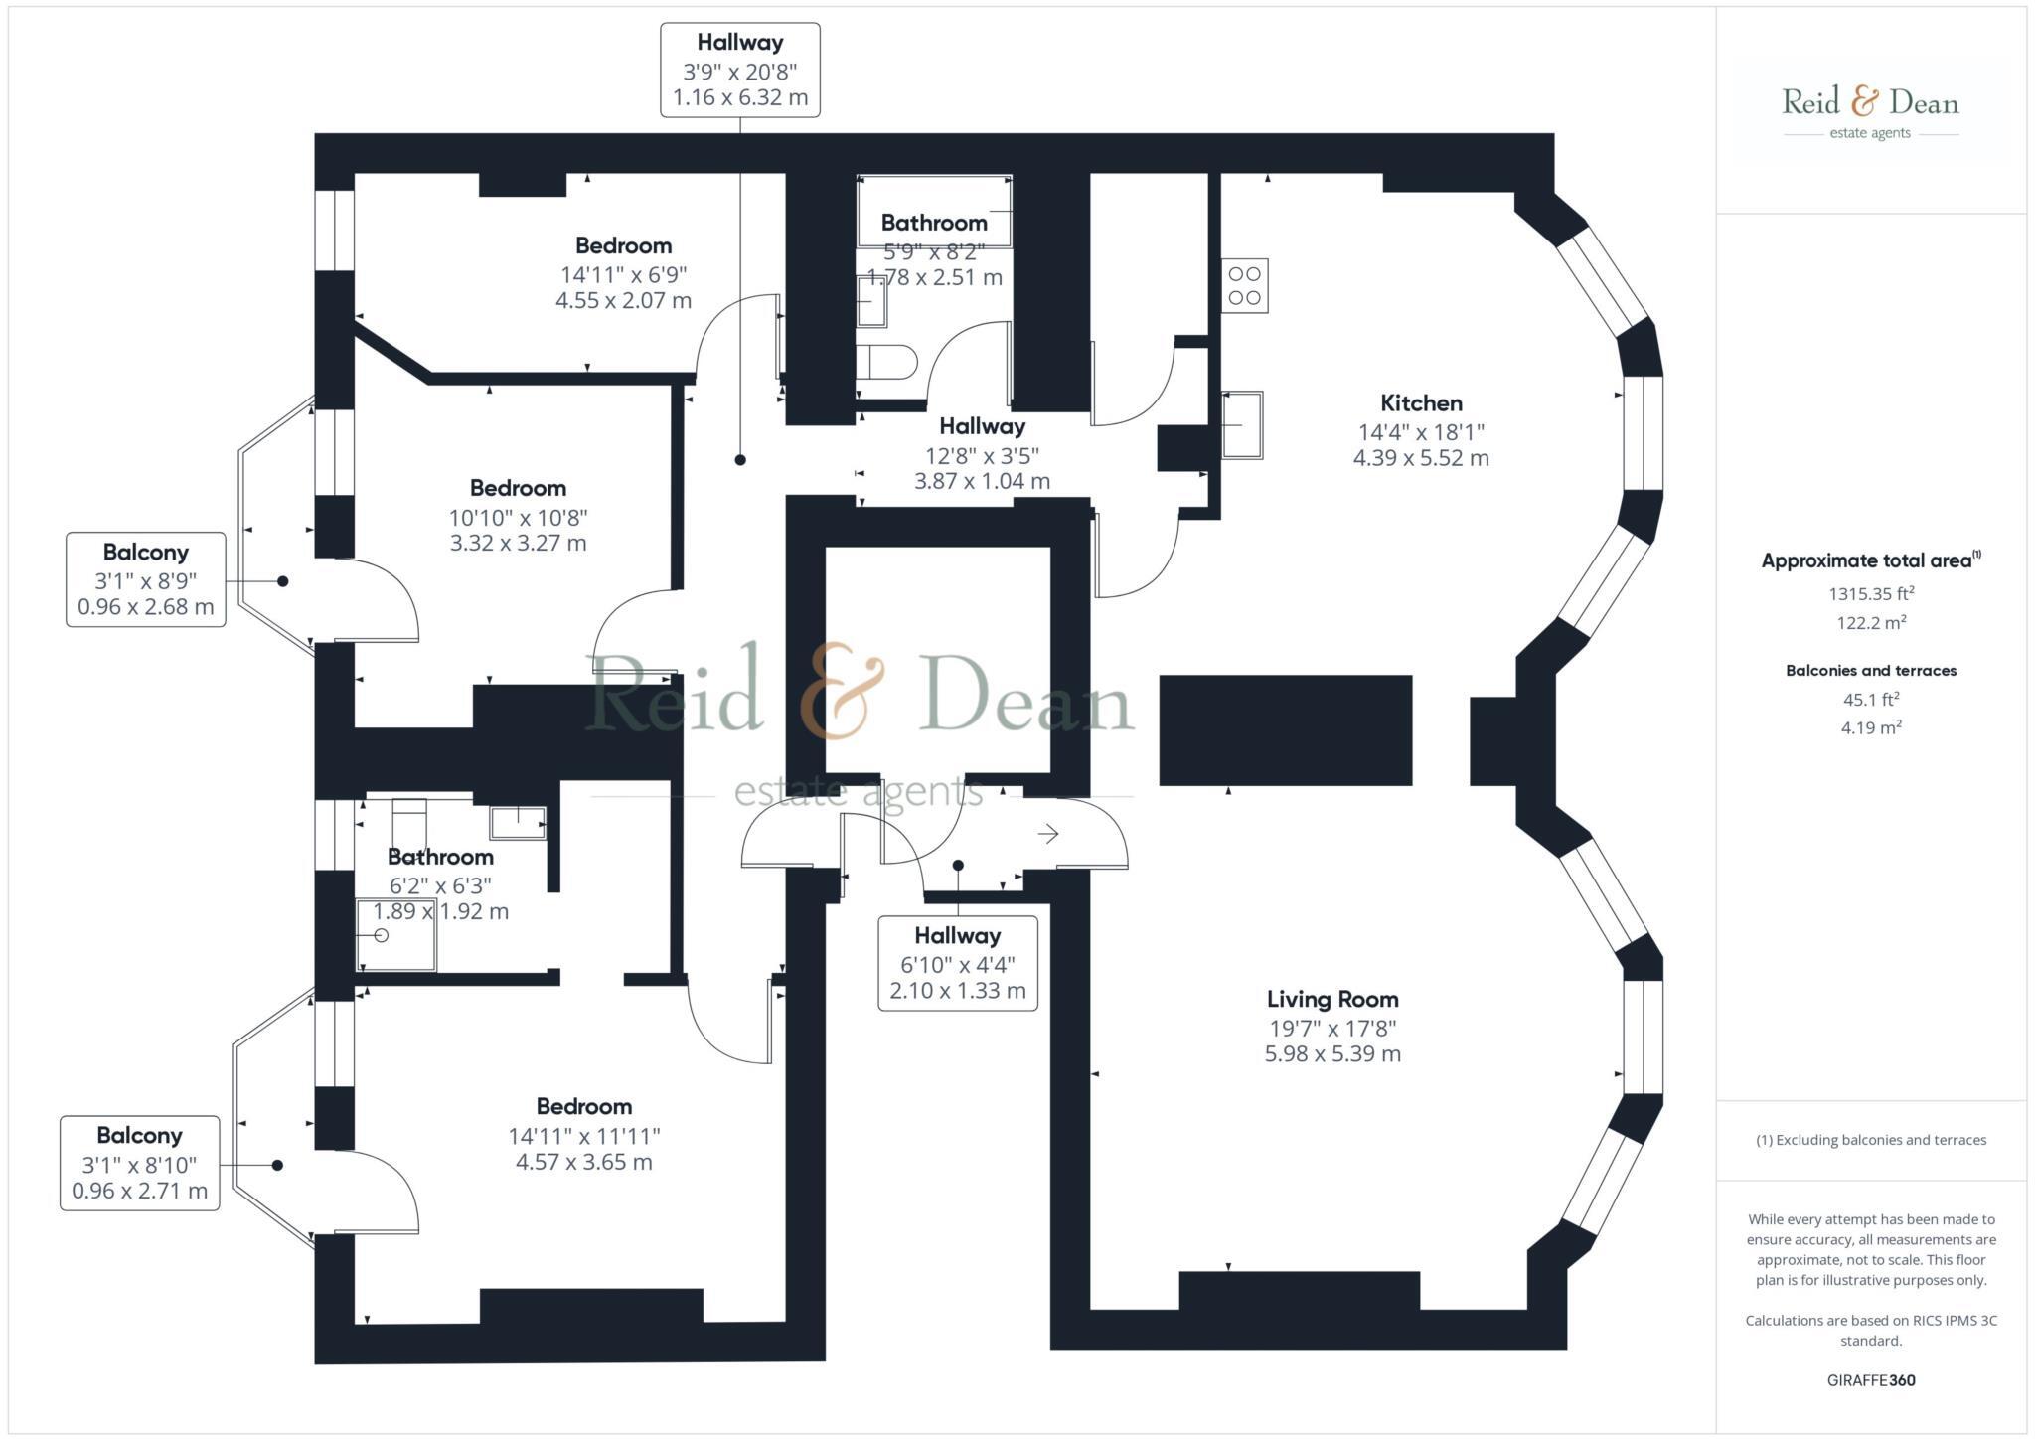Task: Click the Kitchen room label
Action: (1421, 403)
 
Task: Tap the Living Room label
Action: (1331, 1000)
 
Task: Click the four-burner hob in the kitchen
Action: (1244, 286)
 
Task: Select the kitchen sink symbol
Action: (1242, 424)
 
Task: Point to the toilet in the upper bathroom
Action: (886, 363)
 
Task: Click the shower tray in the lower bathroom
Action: (395, 935)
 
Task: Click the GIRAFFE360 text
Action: (1870, 1380)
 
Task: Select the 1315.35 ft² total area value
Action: (1871, 594)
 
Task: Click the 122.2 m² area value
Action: (1871, 623)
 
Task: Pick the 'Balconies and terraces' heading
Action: (1871, 671)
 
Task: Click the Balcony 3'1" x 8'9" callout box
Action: (146, 579)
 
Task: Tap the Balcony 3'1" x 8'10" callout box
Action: (140, 1163)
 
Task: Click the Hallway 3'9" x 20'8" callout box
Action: (740, 71)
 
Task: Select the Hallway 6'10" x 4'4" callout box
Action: (958, 963)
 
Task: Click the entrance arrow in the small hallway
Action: (1048, 834)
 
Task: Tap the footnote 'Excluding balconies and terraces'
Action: (1871, 1140)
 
